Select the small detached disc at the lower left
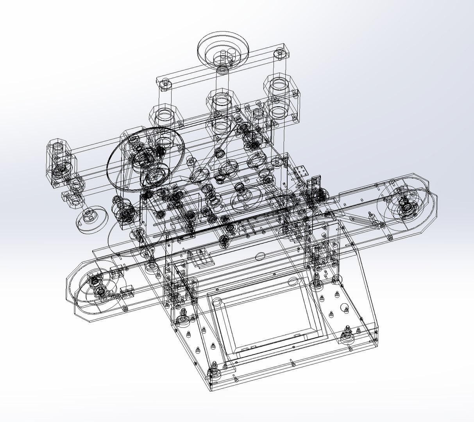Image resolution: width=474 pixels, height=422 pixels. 91,219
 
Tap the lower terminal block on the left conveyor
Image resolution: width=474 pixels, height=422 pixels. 128,291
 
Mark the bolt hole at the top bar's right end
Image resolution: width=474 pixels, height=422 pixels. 280,52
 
